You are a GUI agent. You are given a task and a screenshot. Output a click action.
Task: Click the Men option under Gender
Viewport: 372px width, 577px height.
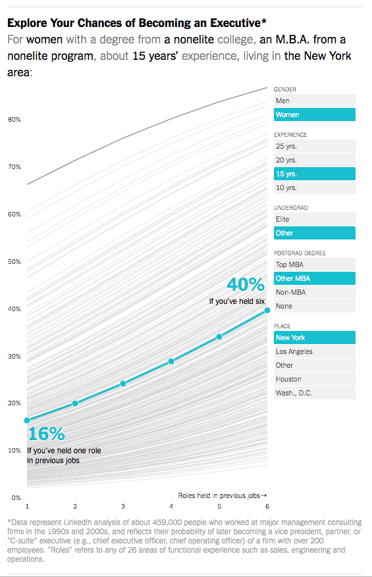click(x=314, y=101)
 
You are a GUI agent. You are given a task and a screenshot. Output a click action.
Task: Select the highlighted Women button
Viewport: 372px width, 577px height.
click(x=314, y=114)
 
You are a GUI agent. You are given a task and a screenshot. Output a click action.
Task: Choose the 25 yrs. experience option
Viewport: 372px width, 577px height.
click(x=314, y=146)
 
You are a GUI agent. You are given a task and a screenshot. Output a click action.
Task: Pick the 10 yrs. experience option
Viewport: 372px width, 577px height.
click(x=314, y=188)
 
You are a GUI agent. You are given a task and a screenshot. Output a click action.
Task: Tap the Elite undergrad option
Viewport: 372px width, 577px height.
click(x=314, y=219)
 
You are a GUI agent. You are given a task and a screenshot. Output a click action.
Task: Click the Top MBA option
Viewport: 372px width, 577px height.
click(x=314, y=264)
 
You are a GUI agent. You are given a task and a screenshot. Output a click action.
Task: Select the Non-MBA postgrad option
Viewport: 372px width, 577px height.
click(x=314, y=292)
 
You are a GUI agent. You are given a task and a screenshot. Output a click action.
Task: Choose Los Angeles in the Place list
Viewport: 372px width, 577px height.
click(x=314, y=351)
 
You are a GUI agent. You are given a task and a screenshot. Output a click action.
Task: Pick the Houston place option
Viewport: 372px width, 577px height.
click(x=314, y=379)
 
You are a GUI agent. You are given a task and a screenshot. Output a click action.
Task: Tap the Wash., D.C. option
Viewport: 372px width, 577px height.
click(x=314, y=393)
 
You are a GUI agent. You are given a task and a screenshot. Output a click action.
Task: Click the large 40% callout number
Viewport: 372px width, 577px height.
click(x=245, y=284)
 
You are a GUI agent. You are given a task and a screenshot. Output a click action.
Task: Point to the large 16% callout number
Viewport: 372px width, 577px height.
click(x=46, y=434)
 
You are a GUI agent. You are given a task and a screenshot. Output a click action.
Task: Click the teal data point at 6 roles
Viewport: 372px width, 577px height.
click(x=267, y=310)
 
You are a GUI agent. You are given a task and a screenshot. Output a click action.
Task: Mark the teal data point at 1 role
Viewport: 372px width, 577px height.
click(x=27, y=420)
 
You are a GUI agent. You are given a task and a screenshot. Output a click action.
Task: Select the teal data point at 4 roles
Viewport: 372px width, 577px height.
click(x=171, y=361)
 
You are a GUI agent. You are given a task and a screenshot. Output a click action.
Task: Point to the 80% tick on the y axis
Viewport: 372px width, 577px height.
click(x=14, y=120)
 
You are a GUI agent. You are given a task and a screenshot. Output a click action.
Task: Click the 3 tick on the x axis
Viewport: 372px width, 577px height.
click(x=123, y=506)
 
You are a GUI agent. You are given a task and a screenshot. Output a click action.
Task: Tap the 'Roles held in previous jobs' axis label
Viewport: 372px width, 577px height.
click(x=222, y=495)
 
